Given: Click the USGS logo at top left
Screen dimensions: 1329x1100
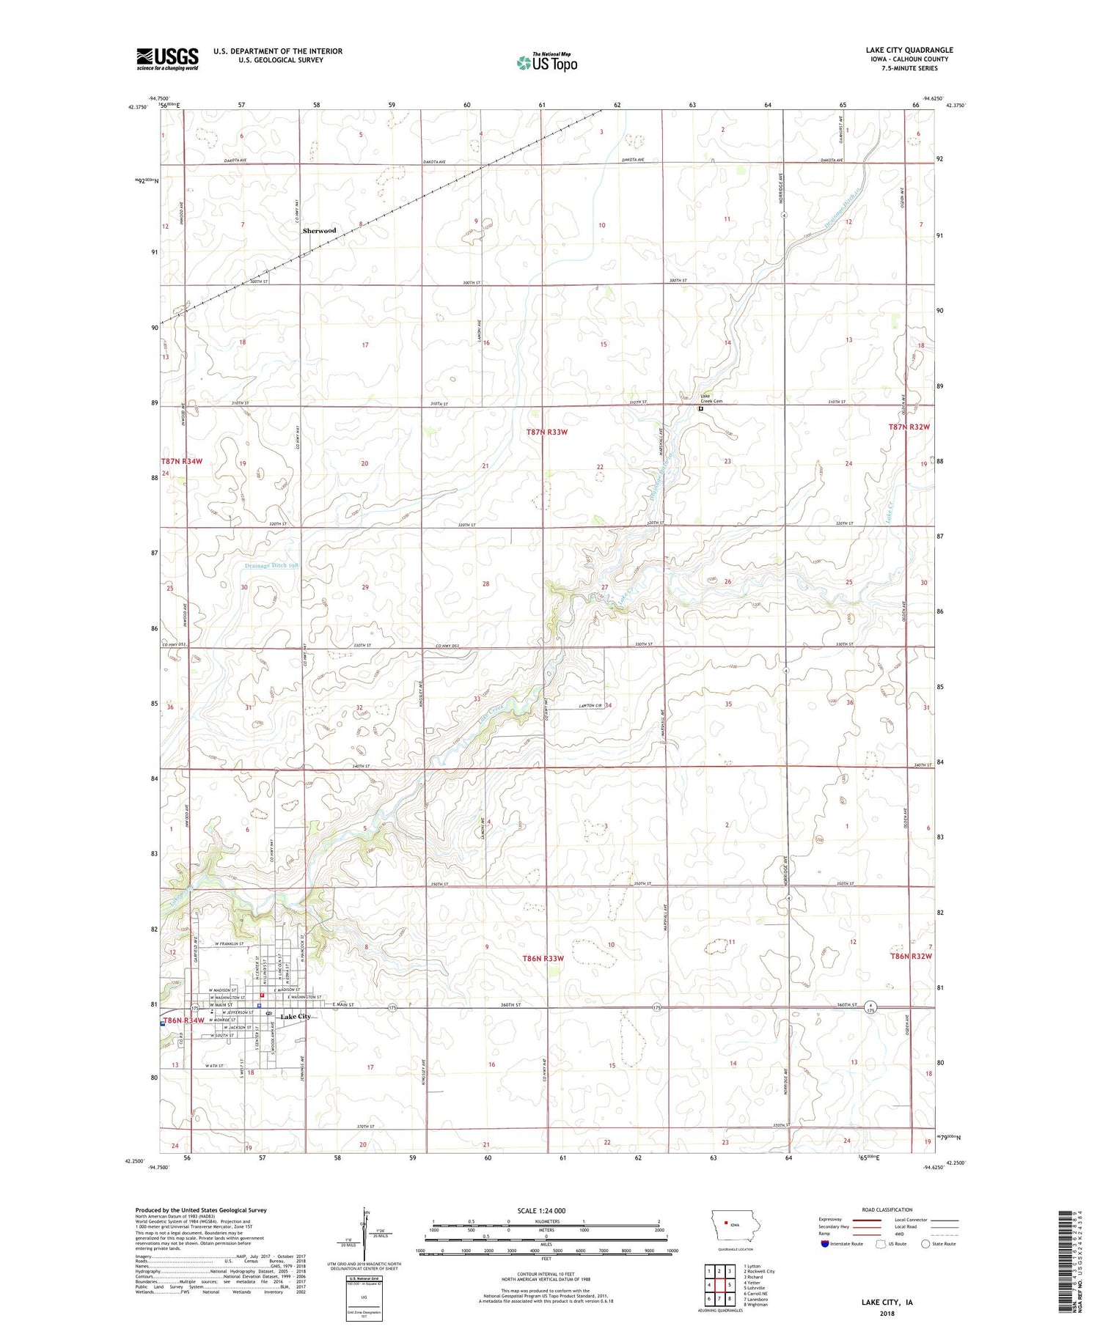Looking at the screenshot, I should (167, 59).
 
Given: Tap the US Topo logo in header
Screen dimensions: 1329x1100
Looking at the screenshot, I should (546, 63).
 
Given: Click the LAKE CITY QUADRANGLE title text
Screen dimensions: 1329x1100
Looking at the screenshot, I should (909, 50).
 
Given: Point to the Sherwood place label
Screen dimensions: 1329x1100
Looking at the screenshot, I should (320, 230).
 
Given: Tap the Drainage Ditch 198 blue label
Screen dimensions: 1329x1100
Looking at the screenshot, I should (271, 566).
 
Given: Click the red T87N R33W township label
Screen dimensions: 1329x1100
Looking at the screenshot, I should (546, 432).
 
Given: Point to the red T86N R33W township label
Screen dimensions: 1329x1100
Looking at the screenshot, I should (543, 958).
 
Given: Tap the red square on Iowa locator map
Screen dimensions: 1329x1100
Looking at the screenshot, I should (725, 1223).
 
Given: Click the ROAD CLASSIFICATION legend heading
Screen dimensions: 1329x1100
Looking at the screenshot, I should (887, 1210).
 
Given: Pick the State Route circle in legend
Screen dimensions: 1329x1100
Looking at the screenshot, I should (925, 1243).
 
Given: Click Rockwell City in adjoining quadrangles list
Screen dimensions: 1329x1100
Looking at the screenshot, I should (760, 1271).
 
